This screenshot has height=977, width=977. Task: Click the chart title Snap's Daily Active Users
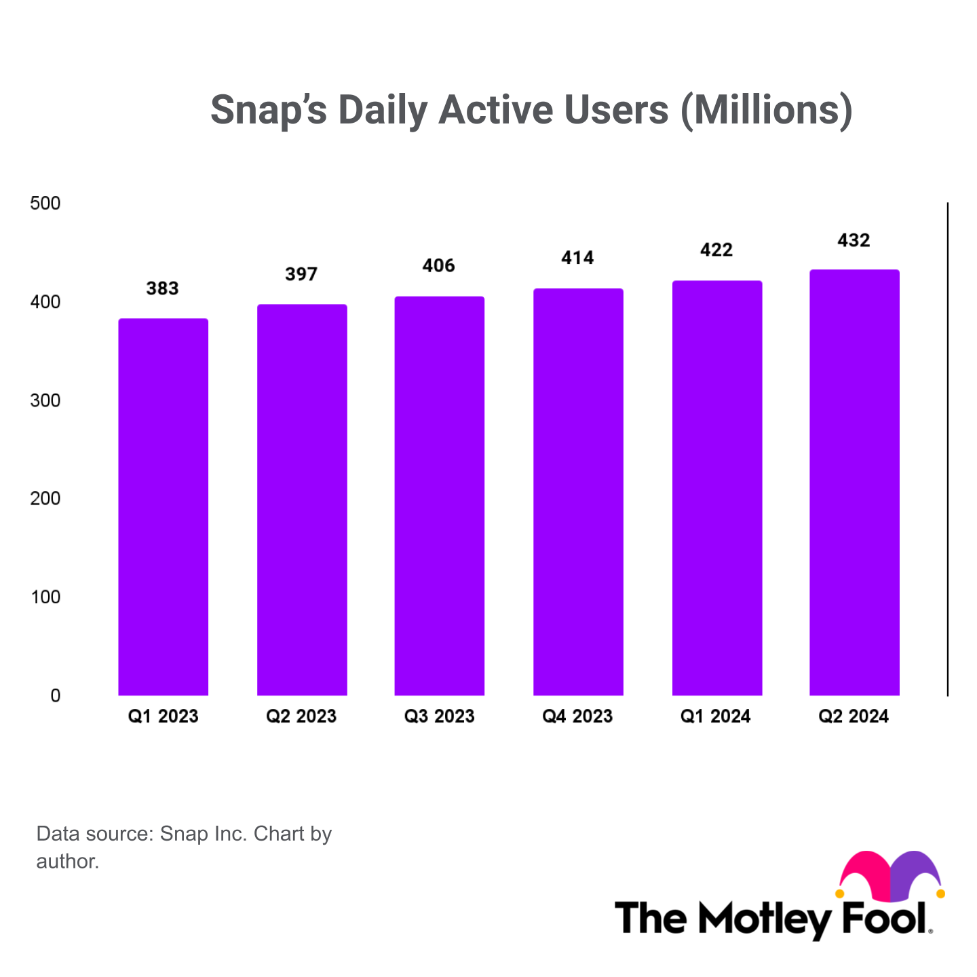(531, 110)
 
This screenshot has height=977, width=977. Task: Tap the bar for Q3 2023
(440, 496)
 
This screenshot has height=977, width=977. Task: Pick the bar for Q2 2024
(854, 482)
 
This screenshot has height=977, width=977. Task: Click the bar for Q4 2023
(578, 492)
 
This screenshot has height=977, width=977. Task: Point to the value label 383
(163, 289)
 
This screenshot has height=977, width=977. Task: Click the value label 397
(301, 275)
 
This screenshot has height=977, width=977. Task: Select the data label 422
(716, 250)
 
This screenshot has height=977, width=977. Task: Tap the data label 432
(854, 241)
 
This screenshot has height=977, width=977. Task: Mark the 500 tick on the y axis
(45, 204)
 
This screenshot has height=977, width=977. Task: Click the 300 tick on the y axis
(45, 400)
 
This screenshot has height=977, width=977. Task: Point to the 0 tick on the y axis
(55, 695)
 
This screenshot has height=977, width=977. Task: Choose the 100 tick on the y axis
(45, 597)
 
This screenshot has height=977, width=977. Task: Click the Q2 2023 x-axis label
(301, 716)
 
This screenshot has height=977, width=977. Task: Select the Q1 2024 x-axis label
(716, 716)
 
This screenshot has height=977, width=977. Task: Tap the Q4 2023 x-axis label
(577, 716)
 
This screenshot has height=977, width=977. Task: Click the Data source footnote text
(184, 847)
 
